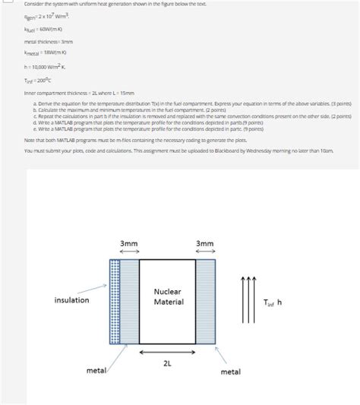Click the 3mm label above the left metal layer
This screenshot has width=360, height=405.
tap(129, 243)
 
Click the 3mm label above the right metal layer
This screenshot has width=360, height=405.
tap(205, 243)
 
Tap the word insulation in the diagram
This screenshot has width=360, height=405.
tap(71, 300)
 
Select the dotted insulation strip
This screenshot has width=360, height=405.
tap(114, 302)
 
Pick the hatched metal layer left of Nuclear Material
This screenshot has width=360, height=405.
tap(129, 302)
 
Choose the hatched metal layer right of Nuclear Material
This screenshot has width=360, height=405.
tap(206, 302)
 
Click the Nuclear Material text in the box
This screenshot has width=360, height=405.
tap(168, 297)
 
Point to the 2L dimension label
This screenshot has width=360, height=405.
tap(167, 363)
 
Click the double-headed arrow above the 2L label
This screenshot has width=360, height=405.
tap(167, 352)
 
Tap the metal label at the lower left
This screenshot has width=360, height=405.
tap(96, 370)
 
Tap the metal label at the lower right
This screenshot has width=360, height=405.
tap(230, 372)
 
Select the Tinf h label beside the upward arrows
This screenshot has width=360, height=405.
tap(273, 302)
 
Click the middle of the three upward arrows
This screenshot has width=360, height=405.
tap(245, 300)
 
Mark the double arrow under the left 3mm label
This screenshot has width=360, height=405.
tap(129, 252)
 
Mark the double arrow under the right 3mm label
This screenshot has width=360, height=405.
tap(205, 252)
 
